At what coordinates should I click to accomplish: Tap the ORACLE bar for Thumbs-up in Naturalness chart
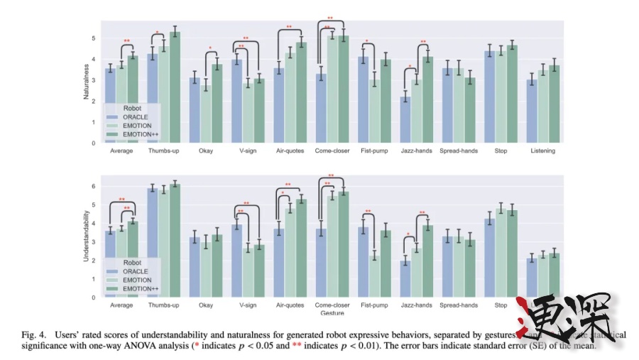coord(152,99)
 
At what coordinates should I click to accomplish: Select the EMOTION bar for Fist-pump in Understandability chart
coord(373,276)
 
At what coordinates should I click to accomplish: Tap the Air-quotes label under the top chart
coord(290,151)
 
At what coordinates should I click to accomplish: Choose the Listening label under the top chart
coord(542,151)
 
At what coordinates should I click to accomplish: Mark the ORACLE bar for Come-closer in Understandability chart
coord(321,263)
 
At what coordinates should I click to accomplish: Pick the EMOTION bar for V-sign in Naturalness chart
coord(247,113)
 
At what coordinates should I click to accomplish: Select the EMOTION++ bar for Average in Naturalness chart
coord(133,99)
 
